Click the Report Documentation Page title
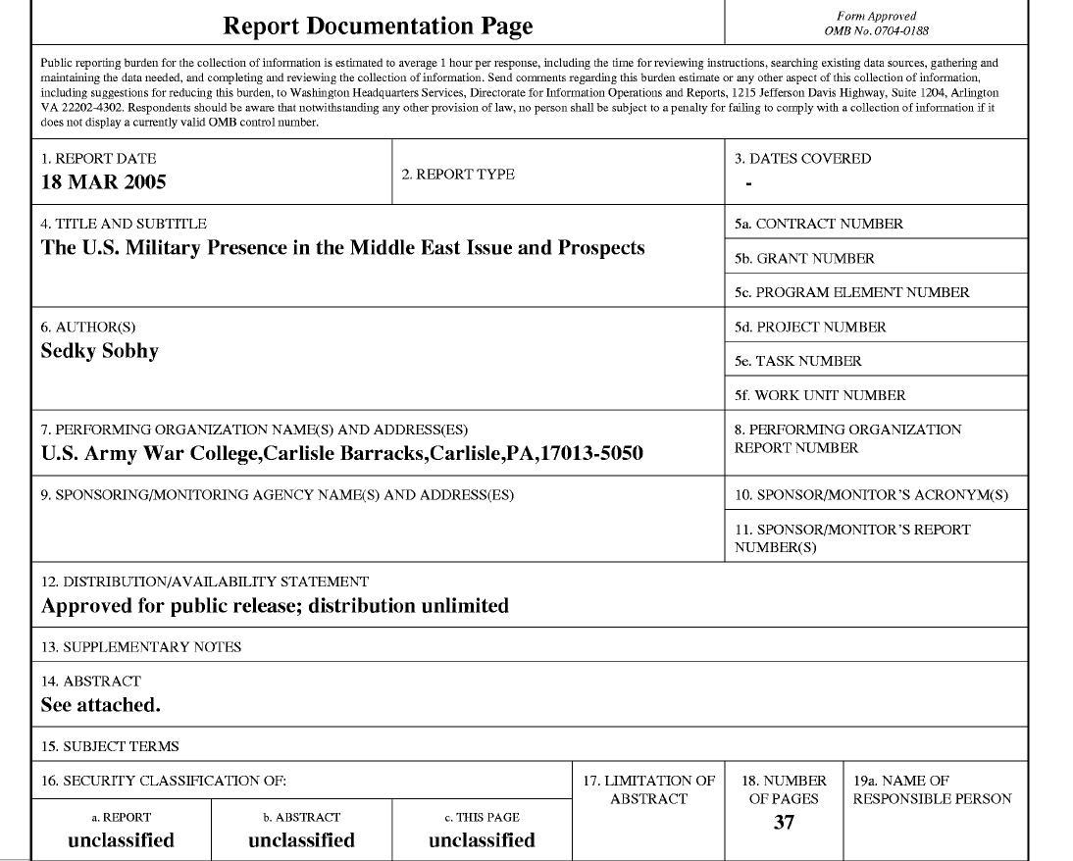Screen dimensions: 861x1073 click(x=378, y=25)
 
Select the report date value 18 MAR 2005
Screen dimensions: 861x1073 click(x=103, y=182)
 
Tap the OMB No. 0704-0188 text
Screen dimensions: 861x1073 click(x=876, y=30)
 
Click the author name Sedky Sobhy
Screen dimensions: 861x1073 click(x=99, y=351)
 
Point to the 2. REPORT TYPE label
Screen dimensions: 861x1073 click(x=457, y=175)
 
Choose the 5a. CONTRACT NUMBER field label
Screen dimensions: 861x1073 click(x=818, y=224)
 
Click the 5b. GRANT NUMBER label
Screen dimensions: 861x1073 click(x=803, y=259)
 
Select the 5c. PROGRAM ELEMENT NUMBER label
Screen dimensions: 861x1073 click(x=851, y=292)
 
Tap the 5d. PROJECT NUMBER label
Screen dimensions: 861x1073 click(x=809, y=328)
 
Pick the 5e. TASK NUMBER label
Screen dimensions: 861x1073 click(x=797, y=361)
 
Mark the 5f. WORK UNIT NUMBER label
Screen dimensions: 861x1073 click(x=819, y=395)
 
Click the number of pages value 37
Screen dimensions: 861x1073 click(x=783, y=823)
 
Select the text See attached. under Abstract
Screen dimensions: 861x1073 click(x=100, y=705)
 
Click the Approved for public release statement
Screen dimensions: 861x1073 click(x=275, y=606)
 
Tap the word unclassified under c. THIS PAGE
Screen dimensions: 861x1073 click(x=482, y=840)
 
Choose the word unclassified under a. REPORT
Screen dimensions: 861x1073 click(x=121, y=840)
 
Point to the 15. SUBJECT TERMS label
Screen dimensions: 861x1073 click(x=110, y=746)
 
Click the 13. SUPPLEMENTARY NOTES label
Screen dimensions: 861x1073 click(x=140, y=647)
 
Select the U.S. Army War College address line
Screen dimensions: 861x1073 click(x=341, y=453)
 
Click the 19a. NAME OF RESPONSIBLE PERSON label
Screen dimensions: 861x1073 click(x=931, y=789)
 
